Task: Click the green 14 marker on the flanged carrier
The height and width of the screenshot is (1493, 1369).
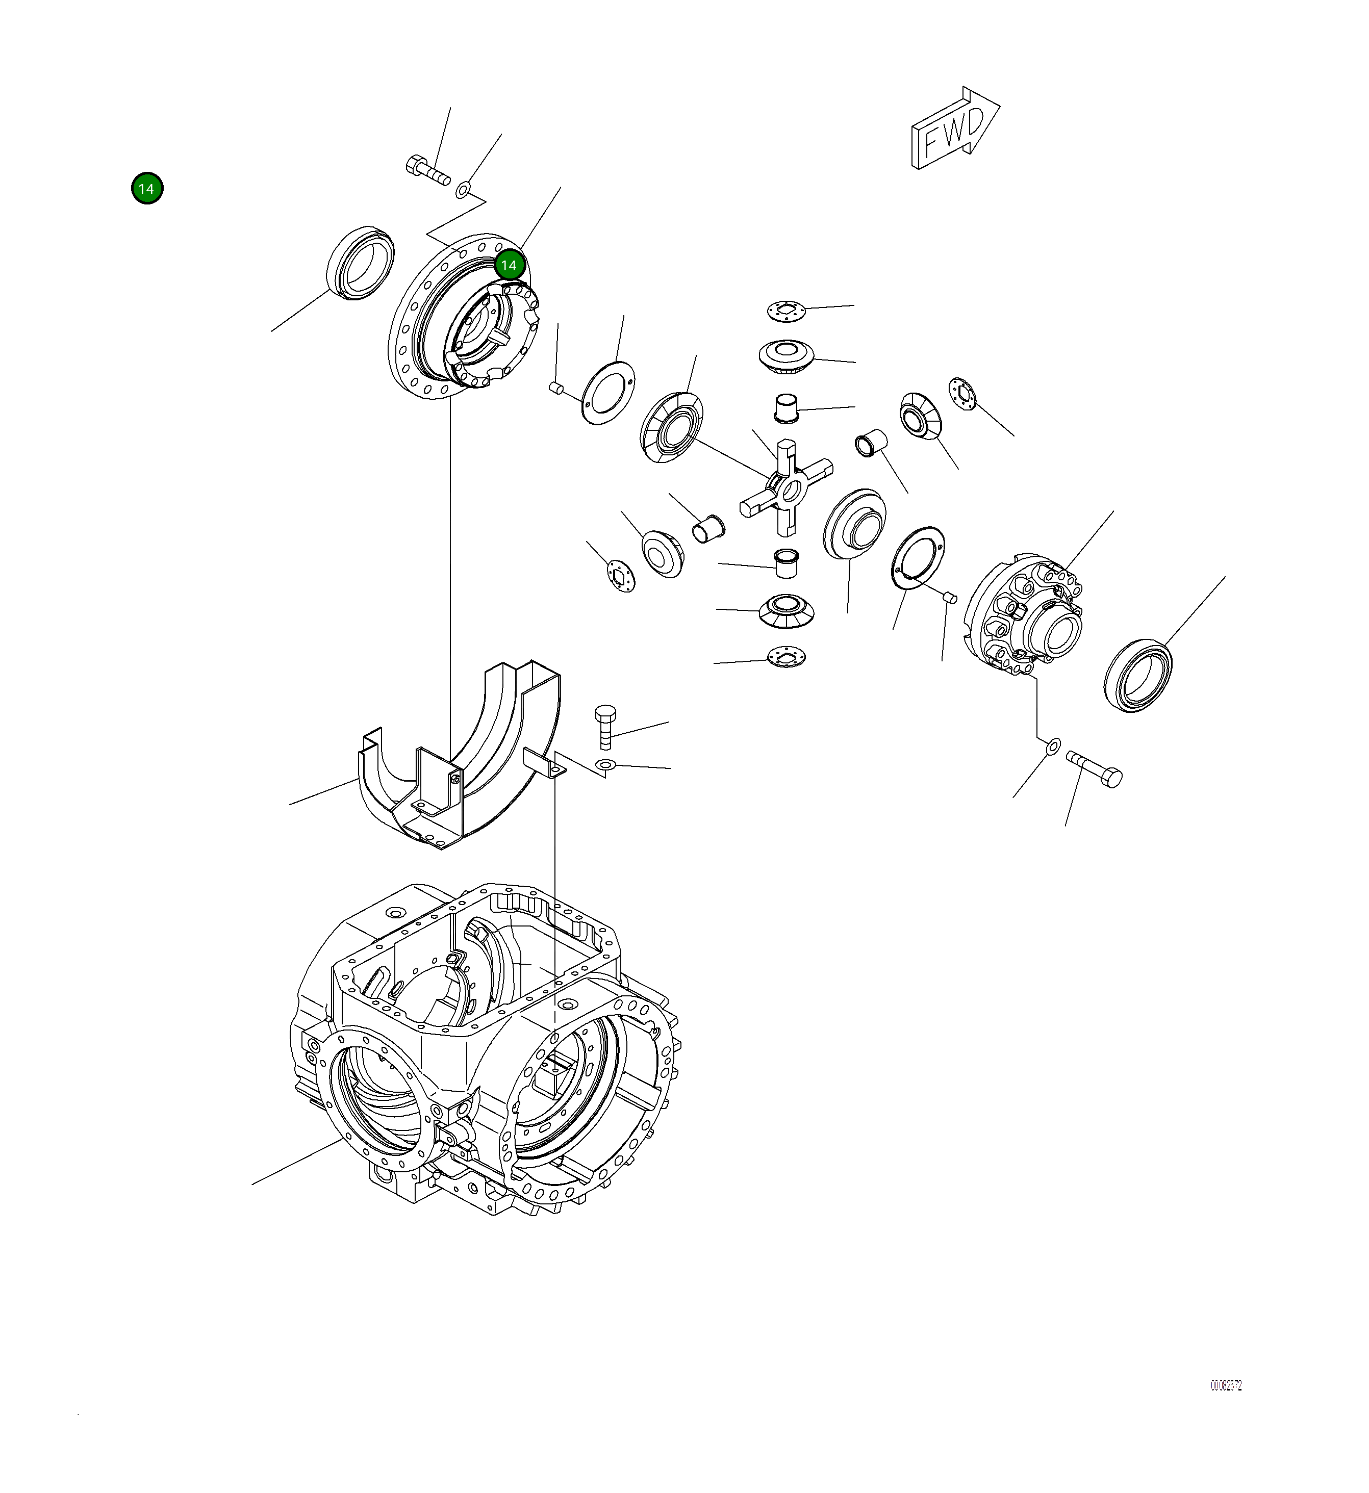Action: pos(509,265)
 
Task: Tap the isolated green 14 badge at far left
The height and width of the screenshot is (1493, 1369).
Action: pos(147,189)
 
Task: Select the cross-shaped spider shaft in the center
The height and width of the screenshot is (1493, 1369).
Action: pos(786,487)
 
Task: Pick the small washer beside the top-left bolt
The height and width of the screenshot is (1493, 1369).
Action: pos(462,190)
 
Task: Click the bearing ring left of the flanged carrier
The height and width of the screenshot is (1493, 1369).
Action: pos(360,263)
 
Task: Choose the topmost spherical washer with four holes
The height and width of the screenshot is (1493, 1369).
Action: pos(785,311)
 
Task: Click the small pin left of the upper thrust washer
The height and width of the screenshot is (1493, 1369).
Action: pos(557,388)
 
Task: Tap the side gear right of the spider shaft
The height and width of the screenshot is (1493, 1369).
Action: pos(854,524)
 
